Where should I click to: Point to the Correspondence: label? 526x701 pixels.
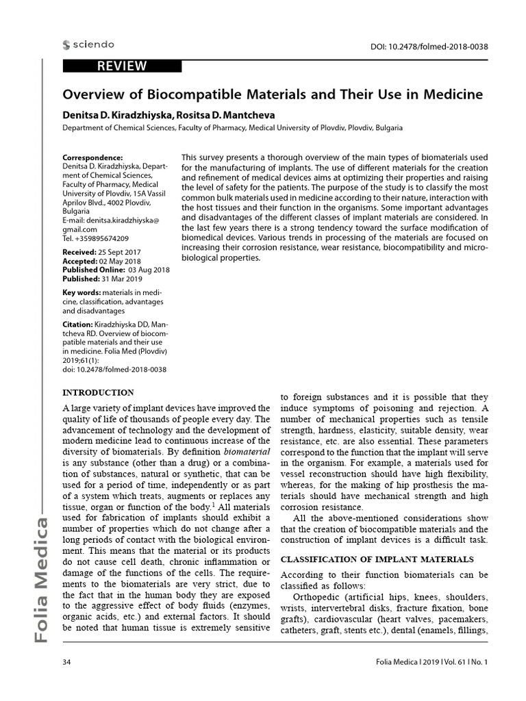(92, 157)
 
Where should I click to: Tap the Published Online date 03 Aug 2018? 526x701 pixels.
(149, 270)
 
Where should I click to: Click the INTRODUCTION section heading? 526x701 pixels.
(98, 393)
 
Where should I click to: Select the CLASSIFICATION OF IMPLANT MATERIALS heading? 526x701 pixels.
(377, 559)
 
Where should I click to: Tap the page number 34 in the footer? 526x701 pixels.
(67, 663)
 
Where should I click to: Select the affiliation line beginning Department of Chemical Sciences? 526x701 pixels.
(232, 128)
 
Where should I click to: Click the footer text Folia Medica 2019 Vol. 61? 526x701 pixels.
(432, 663)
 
